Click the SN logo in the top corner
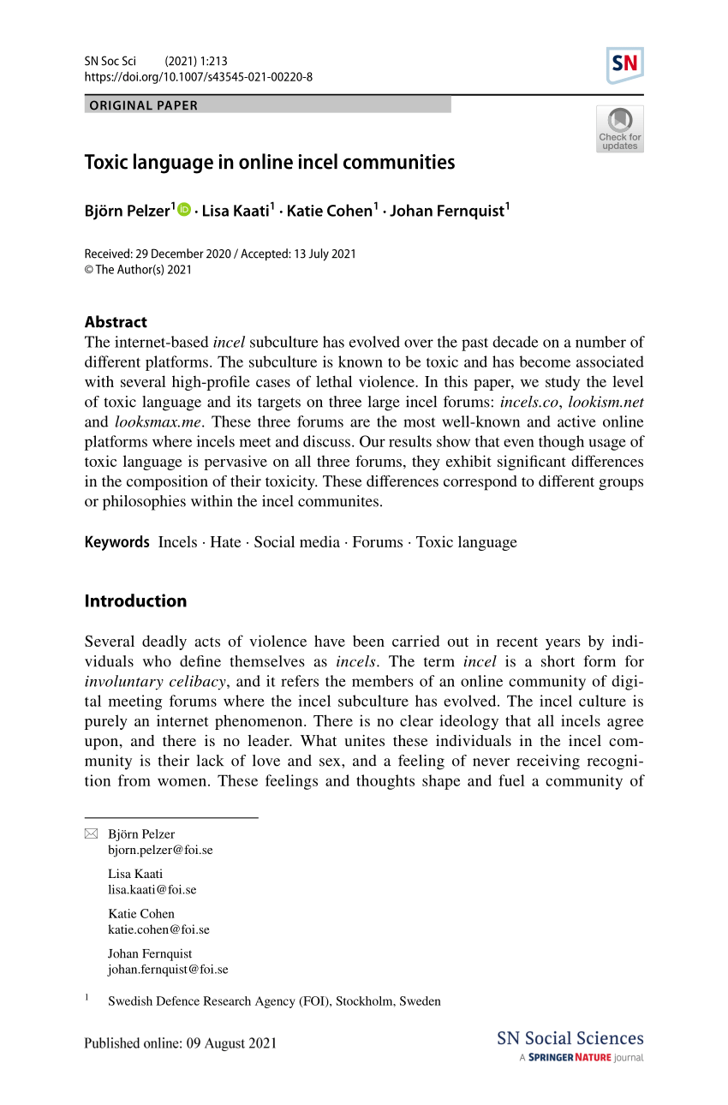(624, 65)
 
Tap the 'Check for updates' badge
(619, 129)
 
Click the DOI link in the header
(198, 77)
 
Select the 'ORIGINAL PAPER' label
(143, 105)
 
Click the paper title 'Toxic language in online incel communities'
(269, 162)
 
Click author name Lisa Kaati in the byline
(235, 211)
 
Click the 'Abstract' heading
(116, 322)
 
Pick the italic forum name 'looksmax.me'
(158, 421)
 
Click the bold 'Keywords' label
(116, 542)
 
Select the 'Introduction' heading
(135, 601)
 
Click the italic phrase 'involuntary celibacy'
(155, 682)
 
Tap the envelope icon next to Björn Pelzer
(92, 833)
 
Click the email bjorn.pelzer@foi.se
(160, 850)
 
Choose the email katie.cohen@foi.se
(158, 929)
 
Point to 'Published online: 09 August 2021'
(180, 1043)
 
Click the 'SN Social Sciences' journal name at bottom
(570, 1038)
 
